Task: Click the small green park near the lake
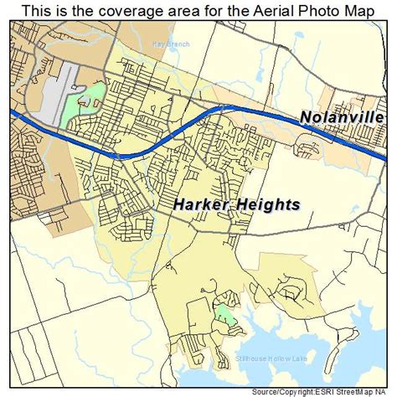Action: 224,317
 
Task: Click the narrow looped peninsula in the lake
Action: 289,293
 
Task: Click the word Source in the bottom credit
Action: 272,391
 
